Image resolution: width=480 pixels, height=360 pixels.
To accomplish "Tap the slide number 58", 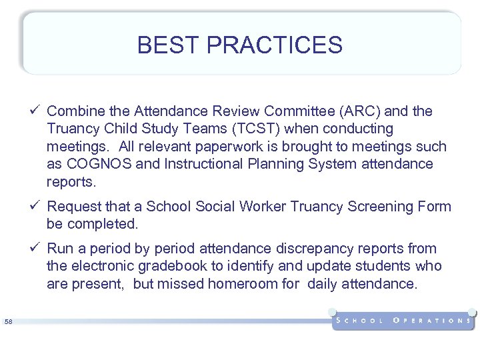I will pos(8,322).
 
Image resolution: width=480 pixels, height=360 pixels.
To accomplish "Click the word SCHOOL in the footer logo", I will pos(360,321).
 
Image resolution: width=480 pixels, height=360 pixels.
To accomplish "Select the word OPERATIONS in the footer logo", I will pos(432,321).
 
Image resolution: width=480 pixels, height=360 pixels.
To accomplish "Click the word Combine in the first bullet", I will pos(72,111).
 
